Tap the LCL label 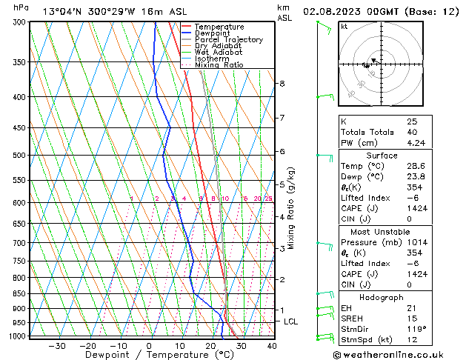pos(290,321)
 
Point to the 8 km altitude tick pos(282,84)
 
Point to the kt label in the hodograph pos(344,27)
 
